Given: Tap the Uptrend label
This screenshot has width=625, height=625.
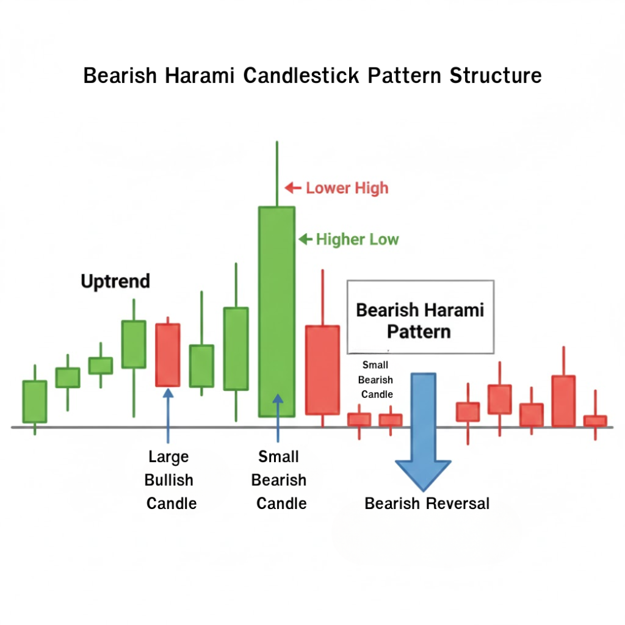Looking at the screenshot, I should pos(115,281).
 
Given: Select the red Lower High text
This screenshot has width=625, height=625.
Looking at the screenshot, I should pos(347,187).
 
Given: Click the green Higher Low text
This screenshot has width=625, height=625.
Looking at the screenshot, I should pos(357,239).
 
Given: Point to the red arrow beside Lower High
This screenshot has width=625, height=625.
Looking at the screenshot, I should pos(294,188).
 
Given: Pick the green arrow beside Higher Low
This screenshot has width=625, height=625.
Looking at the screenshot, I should pos(305,239).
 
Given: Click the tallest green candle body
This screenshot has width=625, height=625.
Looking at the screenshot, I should pos(276,311).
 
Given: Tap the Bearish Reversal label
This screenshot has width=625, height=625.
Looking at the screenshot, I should pos(427,504).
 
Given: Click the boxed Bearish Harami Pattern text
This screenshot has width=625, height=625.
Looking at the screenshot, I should pos(420,320).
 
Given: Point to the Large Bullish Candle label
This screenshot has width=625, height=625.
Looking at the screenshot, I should pos(169,480).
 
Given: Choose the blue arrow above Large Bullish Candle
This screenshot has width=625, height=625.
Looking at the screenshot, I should pos(168,415).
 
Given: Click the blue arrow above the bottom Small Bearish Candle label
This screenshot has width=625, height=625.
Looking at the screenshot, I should pos(278,418).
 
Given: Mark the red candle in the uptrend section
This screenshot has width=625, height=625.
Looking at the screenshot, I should pos(167,355).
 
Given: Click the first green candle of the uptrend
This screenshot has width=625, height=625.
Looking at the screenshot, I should pos(35,401).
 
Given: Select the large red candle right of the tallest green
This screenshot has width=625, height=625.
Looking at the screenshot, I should pos(322,370).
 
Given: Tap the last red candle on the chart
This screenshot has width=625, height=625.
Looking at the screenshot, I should pos(595,421).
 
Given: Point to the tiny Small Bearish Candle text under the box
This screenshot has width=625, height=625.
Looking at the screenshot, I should pos(377,380).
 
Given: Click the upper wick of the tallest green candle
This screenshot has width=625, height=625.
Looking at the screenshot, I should pos(277,174).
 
